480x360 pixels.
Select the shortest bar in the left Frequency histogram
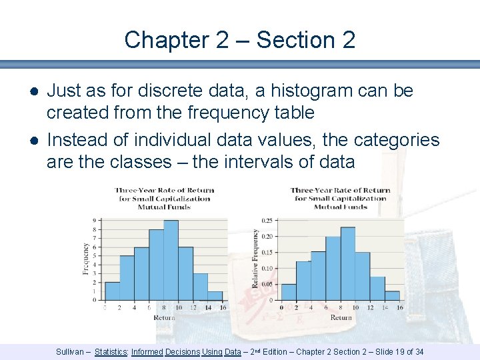pyautogui.click(x=215, y=296)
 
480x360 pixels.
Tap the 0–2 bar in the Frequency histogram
pyautogui.click(x=113, y=291)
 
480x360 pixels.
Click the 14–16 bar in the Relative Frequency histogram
pyautogui.click(x=392, y=295)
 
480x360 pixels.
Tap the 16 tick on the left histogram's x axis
pyautogui.click(x=222, y=307)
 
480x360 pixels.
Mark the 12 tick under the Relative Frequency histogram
pyautogui.click(x=369, y=308)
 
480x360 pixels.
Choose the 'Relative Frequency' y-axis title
pyautogui.click(x=255, y=259)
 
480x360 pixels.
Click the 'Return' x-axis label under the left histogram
pyautogui.click(x=164, y=317)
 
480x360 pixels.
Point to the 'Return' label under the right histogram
pyautogui.click(x=341, y=317)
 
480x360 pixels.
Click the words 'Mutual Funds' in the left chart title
pyautogui.click(x=164, y=207)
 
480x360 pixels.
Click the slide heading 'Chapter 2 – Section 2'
pyautogui.click(x=240, y=40)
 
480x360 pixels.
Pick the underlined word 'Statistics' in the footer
pyautogui.click(x=111, y=351)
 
